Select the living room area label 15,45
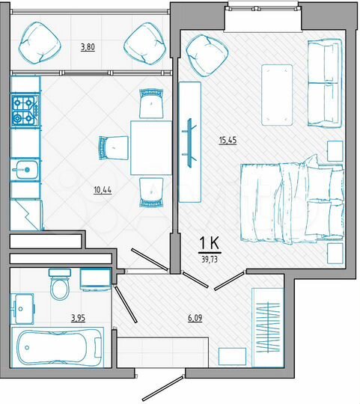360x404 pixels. pyautogui.click(x=226, y=140)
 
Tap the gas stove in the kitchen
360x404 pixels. pyautogui.click(x=24, y=110)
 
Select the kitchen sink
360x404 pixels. pyautogui.click(x=25, y=170)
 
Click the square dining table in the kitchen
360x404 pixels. pyautogui.click(x=153, y=146)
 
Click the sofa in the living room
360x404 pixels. pyautogui.click(x=324, y=84)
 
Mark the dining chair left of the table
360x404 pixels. pyautogui.click(x=112, y=147)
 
